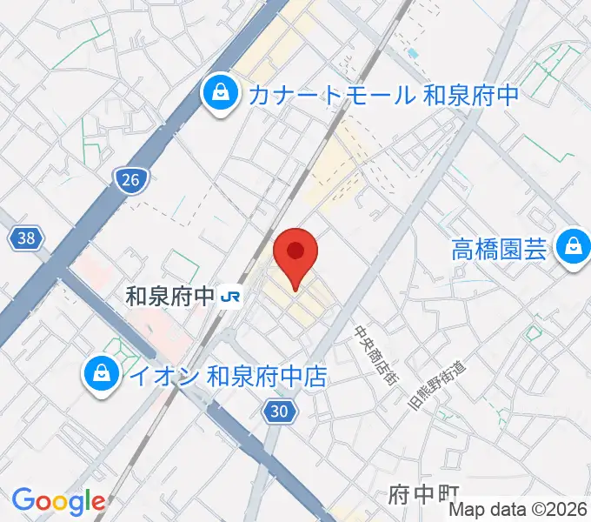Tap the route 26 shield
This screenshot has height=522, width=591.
point(130,180)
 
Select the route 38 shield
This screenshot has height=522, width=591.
point(29,238)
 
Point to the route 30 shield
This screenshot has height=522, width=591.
point(276,412)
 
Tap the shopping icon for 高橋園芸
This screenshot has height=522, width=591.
point(573,249)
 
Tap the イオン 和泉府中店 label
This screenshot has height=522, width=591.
point(227,376)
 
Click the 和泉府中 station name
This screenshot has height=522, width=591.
point(169,297)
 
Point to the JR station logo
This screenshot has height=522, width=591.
point(230,297)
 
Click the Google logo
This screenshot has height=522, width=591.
point(58,501)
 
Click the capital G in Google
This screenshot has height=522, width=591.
point(23,500)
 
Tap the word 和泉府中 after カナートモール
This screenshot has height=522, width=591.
point(471,93)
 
